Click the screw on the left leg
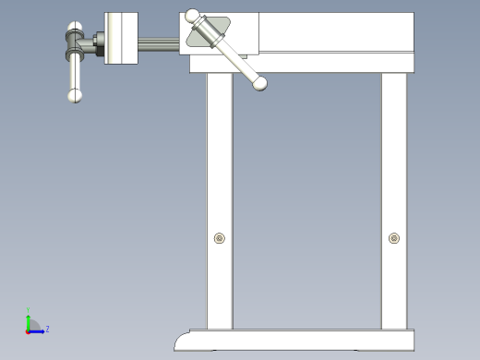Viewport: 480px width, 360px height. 219,239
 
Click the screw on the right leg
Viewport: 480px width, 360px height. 394,238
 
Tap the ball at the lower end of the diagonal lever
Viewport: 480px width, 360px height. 261,84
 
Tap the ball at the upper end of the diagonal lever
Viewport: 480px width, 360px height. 192,16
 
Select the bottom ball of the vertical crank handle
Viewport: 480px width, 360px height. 75,94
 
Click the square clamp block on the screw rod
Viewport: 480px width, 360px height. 121,38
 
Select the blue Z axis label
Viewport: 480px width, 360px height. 47,328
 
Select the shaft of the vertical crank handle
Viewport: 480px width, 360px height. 75,69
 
